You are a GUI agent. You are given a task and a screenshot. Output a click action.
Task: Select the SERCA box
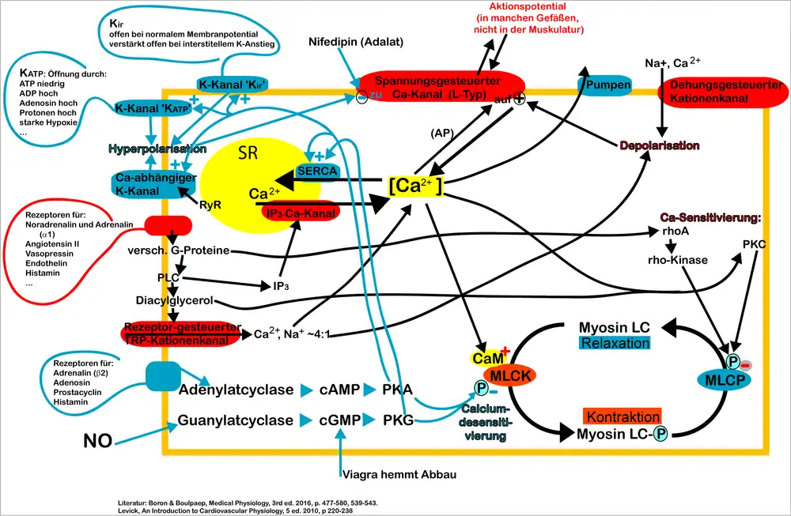pyautogui.click(x=316, y=169)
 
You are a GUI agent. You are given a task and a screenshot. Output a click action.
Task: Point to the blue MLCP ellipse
pyautogui.click(x=725, y=380)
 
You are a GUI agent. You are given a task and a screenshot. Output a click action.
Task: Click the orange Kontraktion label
pyautogui.click(x=623, y=416)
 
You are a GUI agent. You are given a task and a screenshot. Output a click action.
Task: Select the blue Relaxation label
pyautogui.click(x=615, y=343)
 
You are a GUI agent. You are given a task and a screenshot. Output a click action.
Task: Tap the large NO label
pyautogui.click(x=97, y=441)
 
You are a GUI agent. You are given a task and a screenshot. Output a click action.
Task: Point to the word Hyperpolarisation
pyautogui.click(x=157, y=149)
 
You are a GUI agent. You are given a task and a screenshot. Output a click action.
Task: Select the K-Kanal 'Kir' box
pyautogui.click(x=233, y=85)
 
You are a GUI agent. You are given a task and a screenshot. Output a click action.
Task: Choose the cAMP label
pyautogui.click(x=340, y=389)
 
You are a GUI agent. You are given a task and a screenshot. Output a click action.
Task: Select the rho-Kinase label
pyautogui.click(x=677, y=260)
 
